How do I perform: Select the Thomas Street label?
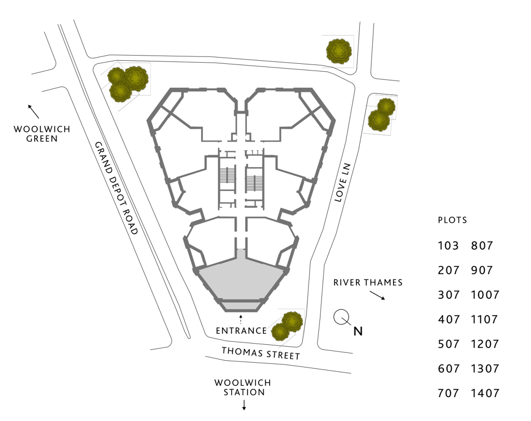261,353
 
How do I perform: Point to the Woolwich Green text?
35,134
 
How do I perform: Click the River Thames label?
368,283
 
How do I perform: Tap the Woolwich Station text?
243,387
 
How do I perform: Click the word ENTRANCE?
241,331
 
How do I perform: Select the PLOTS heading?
452,220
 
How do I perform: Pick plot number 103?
448,246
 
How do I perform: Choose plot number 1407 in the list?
485,393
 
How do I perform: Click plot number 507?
448,344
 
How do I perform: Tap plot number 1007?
485,295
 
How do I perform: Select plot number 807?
482,246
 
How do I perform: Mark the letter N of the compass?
358,331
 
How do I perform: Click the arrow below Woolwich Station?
243,404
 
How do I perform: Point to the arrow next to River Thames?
377,295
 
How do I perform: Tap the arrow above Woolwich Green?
33,111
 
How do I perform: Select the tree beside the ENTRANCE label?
287,326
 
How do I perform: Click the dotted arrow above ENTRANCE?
241,319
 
